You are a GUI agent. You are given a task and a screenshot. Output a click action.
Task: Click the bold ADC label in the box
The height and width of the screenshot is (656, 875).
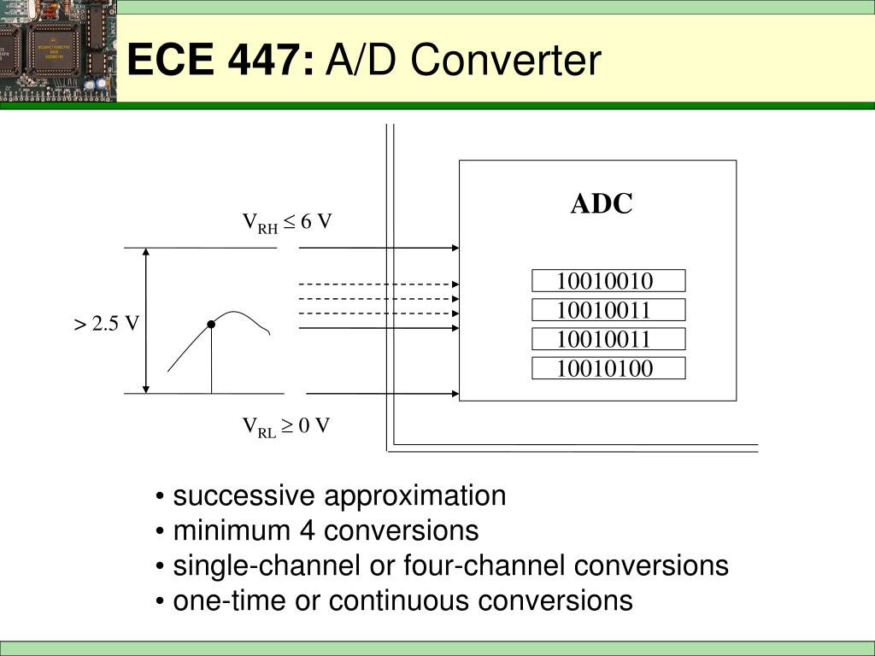[x=602, y=203]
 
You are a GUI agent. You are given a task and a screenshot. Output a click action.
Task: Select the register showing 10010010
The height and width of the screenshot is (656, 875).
[x=608, y=280]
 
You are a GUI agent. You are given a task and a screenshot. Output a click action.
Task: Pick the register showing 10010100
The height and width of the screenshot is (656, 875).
[x=608, y=368]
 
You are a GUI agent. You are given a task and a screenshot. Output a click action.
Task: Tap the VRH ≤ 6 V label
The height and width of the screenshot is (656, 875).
[x=287, y=223]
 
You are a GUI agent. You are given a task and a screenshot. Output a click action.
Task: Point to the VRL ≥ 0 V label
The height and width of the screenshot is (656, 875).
[x=285, y=427]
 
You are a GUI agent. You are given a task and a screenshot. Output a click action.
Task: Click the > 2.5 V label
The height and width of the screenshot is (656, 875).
[x=106, y=324]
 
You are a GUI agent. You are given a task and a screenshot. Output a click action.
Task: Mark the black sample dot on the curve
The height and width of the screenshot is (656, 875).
[x=211, y=324]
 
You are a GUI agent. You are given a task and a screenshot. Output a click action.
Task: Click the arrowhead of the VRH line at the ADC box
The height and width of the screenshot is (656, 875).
[x=455, y=248]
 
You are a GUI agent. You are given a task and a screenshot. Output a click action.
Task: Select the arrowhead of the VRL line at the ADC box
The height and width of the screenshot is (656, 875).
[x=455, y=393]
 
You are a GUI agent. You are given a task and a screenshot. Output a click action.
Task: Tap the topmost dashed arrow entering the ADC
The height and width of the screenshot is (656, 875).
[x=379, y=284]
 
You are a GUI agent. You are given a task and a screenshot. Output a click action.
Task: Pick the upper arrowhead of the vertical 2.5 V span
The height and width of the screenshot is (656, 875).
[x=146, y=252]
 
